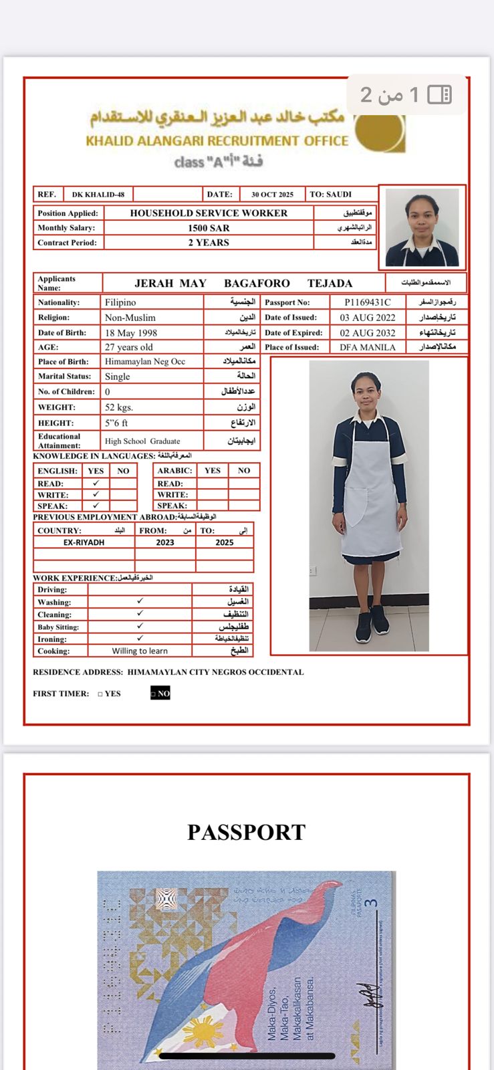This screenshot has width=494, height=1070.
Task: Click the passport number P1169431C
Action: pyautogui.click(x=368, y=302)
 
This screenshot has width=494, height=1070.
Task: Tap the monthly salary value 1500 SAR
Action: pyautogui.click(x=209, y=228)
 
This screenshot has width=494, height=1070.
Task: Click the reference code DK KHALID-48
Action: pyautogui.click(x=98, y=195)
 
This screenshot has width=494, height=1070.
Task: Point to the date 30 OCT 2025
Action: pyautogui.click(x=272, y=195)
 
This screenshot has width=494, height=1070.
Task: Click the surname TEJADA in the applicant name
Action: pyautogui.click(x=330, y=283)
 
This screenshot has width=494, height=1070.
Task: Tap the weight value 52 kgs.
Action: pyautogui.click(x=119, y=407)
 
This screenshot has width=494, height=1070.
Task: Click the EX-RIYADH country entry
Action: pyautogui.click(x=84, y=542)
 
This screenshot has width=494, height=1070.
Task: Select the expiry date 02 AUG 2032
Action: pyautogui.click(x=368, y=332)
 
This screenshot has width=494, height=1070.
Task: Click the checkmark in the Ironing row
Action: pyautogui.click(x=140, y=639)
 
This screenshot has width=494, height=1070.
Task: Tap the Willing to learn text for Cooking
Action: pyautogui.click(x=140, y=651)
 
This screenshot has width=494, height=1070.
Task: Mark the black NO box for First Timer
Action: pyautogui.click(x=160, y=693)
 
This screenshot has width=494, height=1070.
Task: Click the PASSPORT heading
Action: pyautogui.click(x=247, y=832)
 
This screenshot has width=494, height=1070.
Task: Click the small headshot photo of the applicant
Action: pyautogui.click(x=422, y=227)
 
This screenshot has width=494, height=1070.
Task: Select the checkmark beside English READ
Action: pyautogui.click(x=96, y=483)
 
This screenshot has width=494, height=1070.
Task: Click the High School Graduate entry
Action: pyautogui.click(x=142, y=441)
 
